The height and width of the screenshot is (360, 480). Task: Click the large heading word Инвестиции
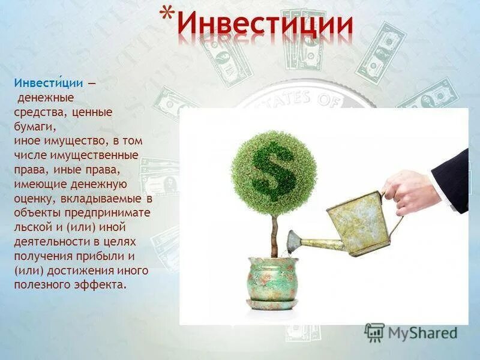point(265,25)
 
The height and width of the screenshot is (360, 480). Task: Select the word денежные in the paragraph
point(45,97)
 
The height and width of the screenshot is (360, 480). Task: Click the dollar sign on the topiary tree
point(273,170)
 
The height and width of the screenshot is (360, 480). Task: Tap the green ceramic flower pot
point(273,278)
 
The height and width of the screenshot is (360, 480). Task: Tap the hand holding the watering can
point(414,191)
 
